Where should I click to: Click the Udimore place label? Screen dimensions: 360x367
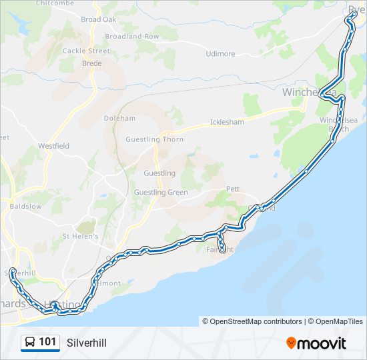pos(220,54)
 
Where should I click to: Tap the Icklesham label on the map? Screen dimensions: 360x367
pos(227,123)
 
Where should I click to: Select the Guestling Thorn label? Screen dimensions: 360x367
pos(154,140)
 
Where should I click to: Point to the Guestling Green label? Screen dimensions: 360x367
pos(161,193)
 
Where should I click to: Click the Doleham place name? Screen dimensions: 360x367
pos(119,119)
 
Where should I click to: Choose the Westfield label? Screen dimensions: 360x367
pos(53,145)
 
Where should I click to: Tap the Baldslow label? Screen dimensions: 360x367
pos(25,207)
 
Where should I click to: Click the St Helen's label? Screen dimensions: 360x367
pos(80,236)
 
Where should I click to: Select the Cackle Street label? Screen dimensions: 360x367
pos(86,51)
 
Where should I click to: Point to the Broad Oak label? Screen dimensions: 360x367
pos(98,20)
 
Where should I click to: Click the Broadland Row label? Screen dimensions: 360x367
pos(132,36)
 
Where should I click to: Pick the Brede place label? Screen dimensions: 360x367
pos(91,63)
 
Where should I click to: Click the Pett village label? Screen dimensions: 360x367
pos(232,189)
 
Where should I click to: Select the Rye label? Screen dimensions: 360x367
pos(354,9)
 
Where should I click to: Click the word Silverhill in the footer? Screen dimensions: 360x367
pos(86,343)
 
